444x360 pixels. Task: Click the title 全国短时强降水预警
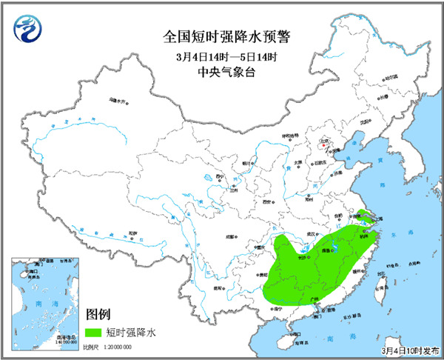pos(222,36)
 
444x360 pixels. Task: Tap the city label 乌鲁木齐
pos(118,100)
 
